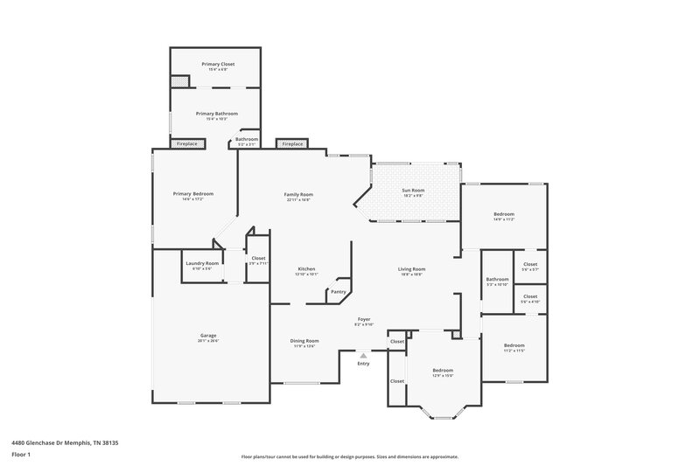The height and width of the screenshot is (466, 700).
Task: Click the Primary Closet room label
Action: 218,64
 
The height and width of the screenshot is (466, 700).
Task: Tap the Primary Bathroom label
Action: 216,114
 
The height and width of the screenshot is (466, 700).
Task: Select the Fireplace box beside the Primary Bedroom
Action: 186,143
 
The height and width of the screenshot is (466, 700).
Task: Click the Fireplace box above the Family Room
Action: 291,143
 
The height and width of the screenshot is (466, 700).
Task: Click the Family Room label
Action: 298,194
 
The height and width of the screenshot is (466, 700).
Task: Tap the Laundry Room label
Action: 202,263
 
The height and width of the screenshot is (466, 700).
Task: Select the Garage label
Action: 207,335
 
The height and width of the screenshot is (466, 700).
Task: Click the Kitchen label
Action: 306,268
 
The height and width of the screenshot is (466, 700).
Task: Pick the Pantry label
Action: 338,292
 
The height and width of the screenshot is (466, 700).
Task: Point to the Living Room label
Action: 411,268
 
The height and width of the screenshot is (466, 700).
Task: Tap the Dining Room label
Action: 304,340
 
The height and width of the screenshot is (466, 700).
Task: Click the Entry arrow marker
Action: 363,355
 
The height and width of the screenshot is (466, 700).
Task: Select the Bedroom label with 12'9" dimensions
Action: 443,370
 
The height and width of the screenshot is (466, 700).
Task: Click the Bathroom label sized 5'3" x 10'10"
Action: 496,280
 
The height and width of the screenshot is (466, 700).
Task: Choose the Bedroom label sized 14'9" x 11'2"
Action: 503,214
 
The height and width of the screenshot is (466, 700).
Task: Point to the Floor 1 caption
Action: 21,455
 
